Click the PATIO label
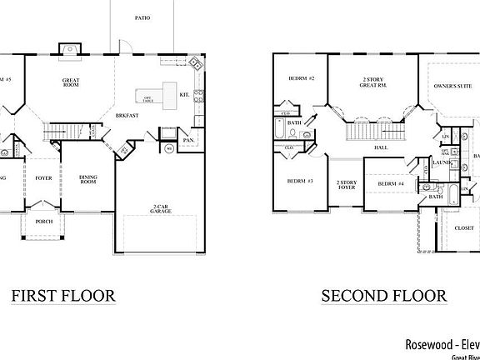(x=142, y=17)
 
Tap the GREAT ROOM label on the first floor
(x=71, y=83)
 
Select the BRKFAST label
(x=127, y=114)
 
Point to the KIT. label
(x=185, y=95)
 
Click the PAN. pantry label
(x=189, y=141)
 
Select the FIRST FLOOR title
(x=62, y=296)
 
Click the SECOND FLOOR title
(x=384, y=296)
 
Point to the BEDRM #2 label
(x=301, y=78)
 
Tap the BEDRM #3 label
(x=299, y=181)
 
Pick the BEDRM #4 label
(x=391, y=183)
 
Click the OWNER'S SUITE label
(x=452, y=86)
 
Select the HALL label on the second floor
(x=381, y=147)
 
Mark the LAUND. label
(x=443, y=163)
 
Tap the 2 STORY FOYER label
(x=346, y=184)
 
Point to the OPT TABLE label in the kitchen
(x=147, y=98)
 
